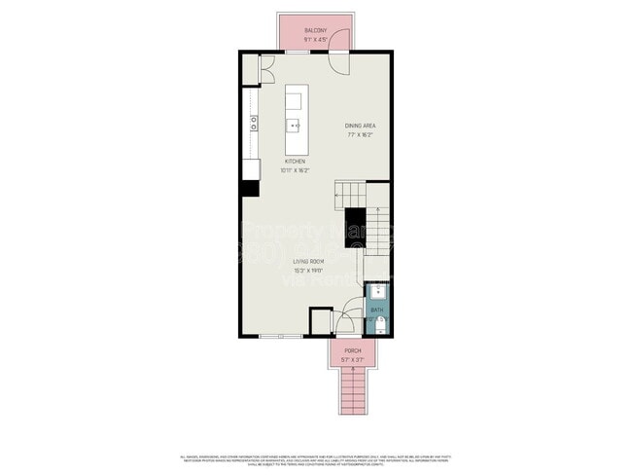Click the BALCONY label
(x=315, y=30)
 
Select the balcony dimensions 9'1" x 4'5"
(x=315, y=40)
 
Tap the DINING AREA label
(x=361, y=126)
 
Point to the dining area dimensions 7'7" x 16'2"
(x=361, y=135)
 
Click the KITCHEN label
(x=295, y=161)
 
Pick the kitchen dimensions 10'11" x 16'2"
(x=295, y=169)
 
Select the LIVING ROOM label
(x=308, y=261)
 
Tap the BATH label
(x=376, y=310)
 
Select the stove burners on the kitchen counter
(x=253, y=122)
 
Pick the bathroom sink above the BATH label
(x=377, y=290)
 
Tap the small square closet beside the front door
(x=319, y=321)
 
